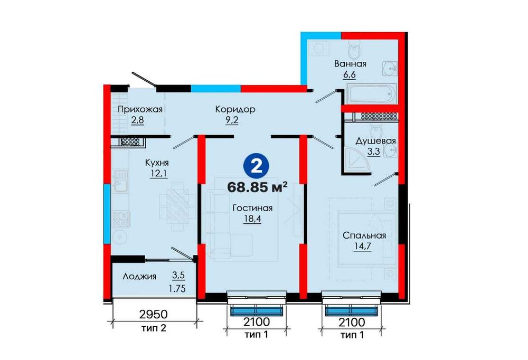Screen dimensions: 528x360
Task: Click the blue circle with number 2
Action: click(x=257, y=167)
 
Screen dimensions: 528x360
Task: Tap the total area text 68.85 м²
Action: click(x=258, y=187)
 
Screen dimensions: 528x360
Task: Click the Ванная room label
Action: click(x=350, y=64)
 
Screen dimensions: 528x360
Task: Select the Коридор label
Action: click(x=235, y=109)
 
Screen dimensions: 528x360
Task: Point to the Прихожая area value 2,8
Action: click(x=137, y=120)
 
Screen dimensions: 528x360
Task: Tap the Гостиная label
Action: click(x=252, y=208)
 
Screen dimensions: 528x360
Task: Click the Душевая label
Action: click(x=375, y=141)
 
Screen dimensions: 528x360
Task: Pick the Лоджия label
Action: click(x=139, y=277)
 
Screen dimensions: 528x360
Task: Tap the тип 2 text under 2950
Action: click(x=154, y=328)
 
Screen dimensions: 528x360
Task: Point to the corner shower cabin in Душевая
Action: click(x=357, y=160)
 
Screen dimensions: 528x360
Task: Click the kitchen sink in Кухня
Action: click(x=120, y=182)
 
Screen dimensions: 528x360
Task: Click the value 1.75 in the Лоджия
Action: click(x=177, y=289)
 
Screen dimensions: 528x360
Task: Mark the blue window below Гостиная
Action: click(x=256, y=310)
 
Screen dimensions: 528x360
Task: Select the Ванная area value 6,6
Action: click(x=350, y=74)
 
